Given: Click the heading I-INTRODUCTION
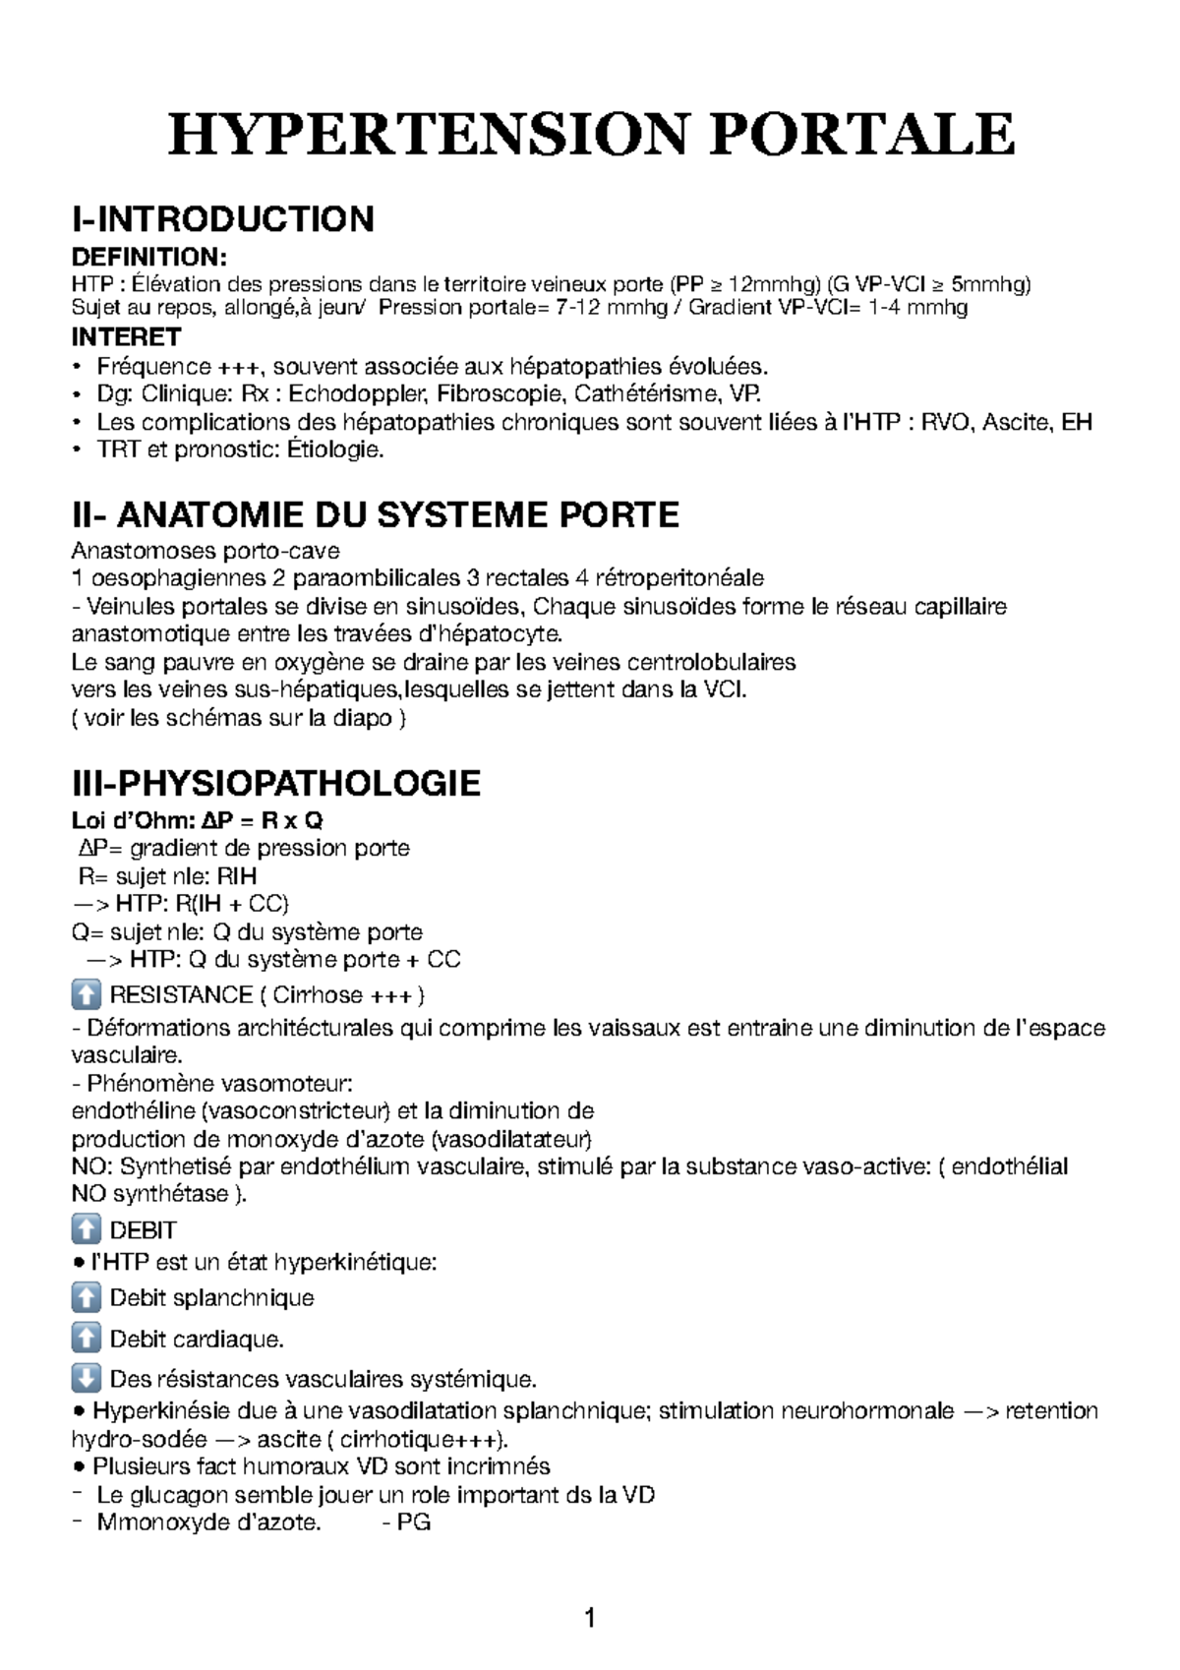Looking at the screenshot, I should (x=223, y=218).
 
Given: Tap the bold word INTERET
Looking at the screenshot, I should (x=127, y=337).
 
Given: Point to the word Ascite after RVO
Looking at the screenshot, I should (x=1014, y=423).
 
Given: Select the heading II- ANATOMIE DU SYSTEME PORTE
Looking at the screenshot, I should (x=376, y=514).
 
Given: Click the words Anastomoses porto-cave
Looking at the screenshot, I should (x=206, y=550).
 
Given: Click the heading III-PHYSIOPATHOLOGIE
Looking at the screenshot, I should (x=276, y=784).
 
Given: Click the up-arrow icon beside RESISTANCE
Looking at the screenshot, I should (x=87, y=995).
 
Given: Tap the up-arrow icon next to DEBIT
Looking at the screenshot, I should (x=87, y=1230).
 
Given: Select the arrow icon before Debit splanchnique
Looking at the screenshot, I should (x=87, y=1298).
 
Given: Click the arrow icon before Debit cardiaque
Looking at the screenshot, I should (x=87, y=1340).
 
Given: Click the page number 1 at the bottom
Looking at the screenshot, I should (x=589, y=1618).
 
